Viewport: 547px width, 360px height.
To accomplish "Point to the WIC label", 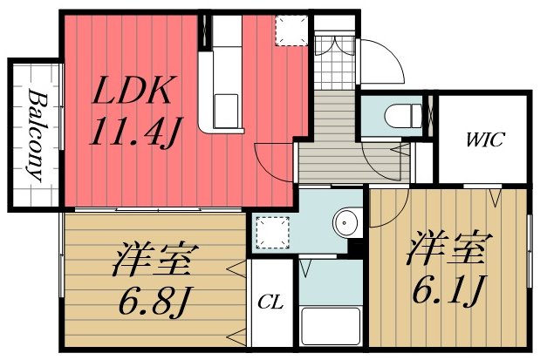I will pyautogui.click(x=482, y=139).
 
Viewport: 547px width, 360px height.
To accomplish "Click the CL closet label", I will pyautogui.click(x=270, y=303).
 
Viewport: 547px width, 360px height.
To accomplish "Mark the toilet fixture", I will pyautogui.click(x=397, y=115).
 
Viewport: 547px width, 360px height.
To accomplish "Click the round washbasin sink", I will pyautogui.click(x=347, y=223).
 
